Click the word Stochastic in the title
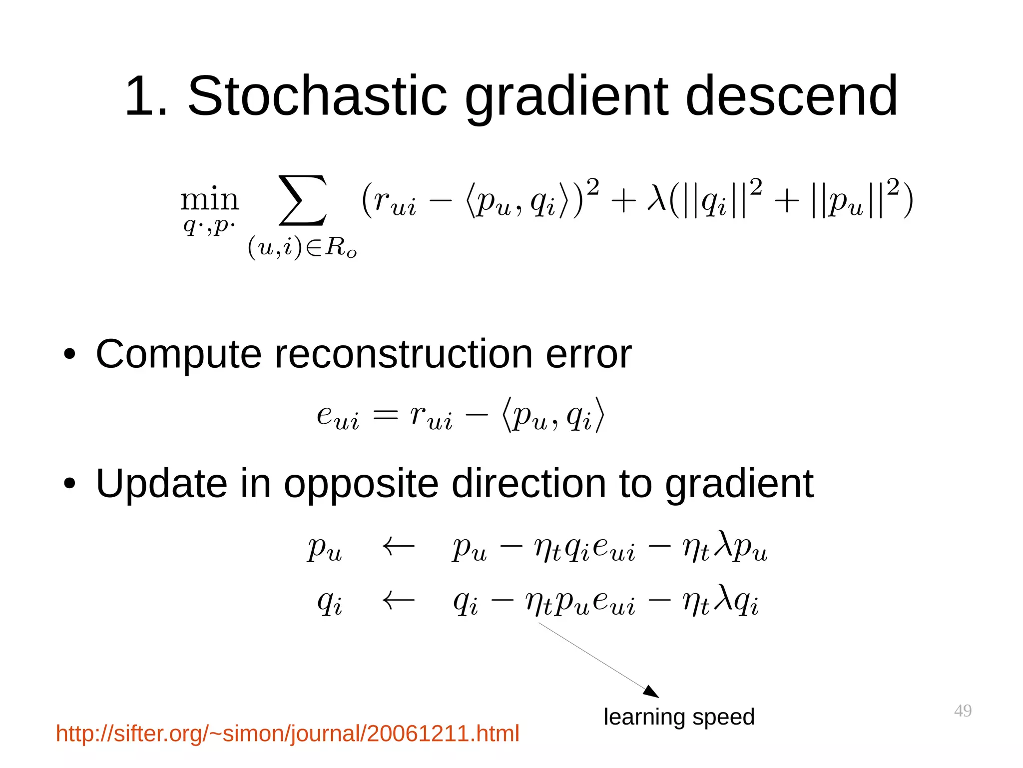317,96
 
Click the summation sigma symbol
303,200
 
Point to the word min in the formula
210,200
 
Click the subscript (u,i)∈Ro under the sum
303,247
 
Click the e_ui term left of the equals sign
338,417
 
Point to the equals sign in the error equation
386,415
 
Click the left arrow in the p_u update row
398,546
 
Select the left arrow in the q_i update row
398,600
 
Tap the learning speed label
678,717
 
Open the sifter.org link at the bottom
287,734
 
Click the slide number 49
962,711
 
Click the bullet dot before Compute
69,355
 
